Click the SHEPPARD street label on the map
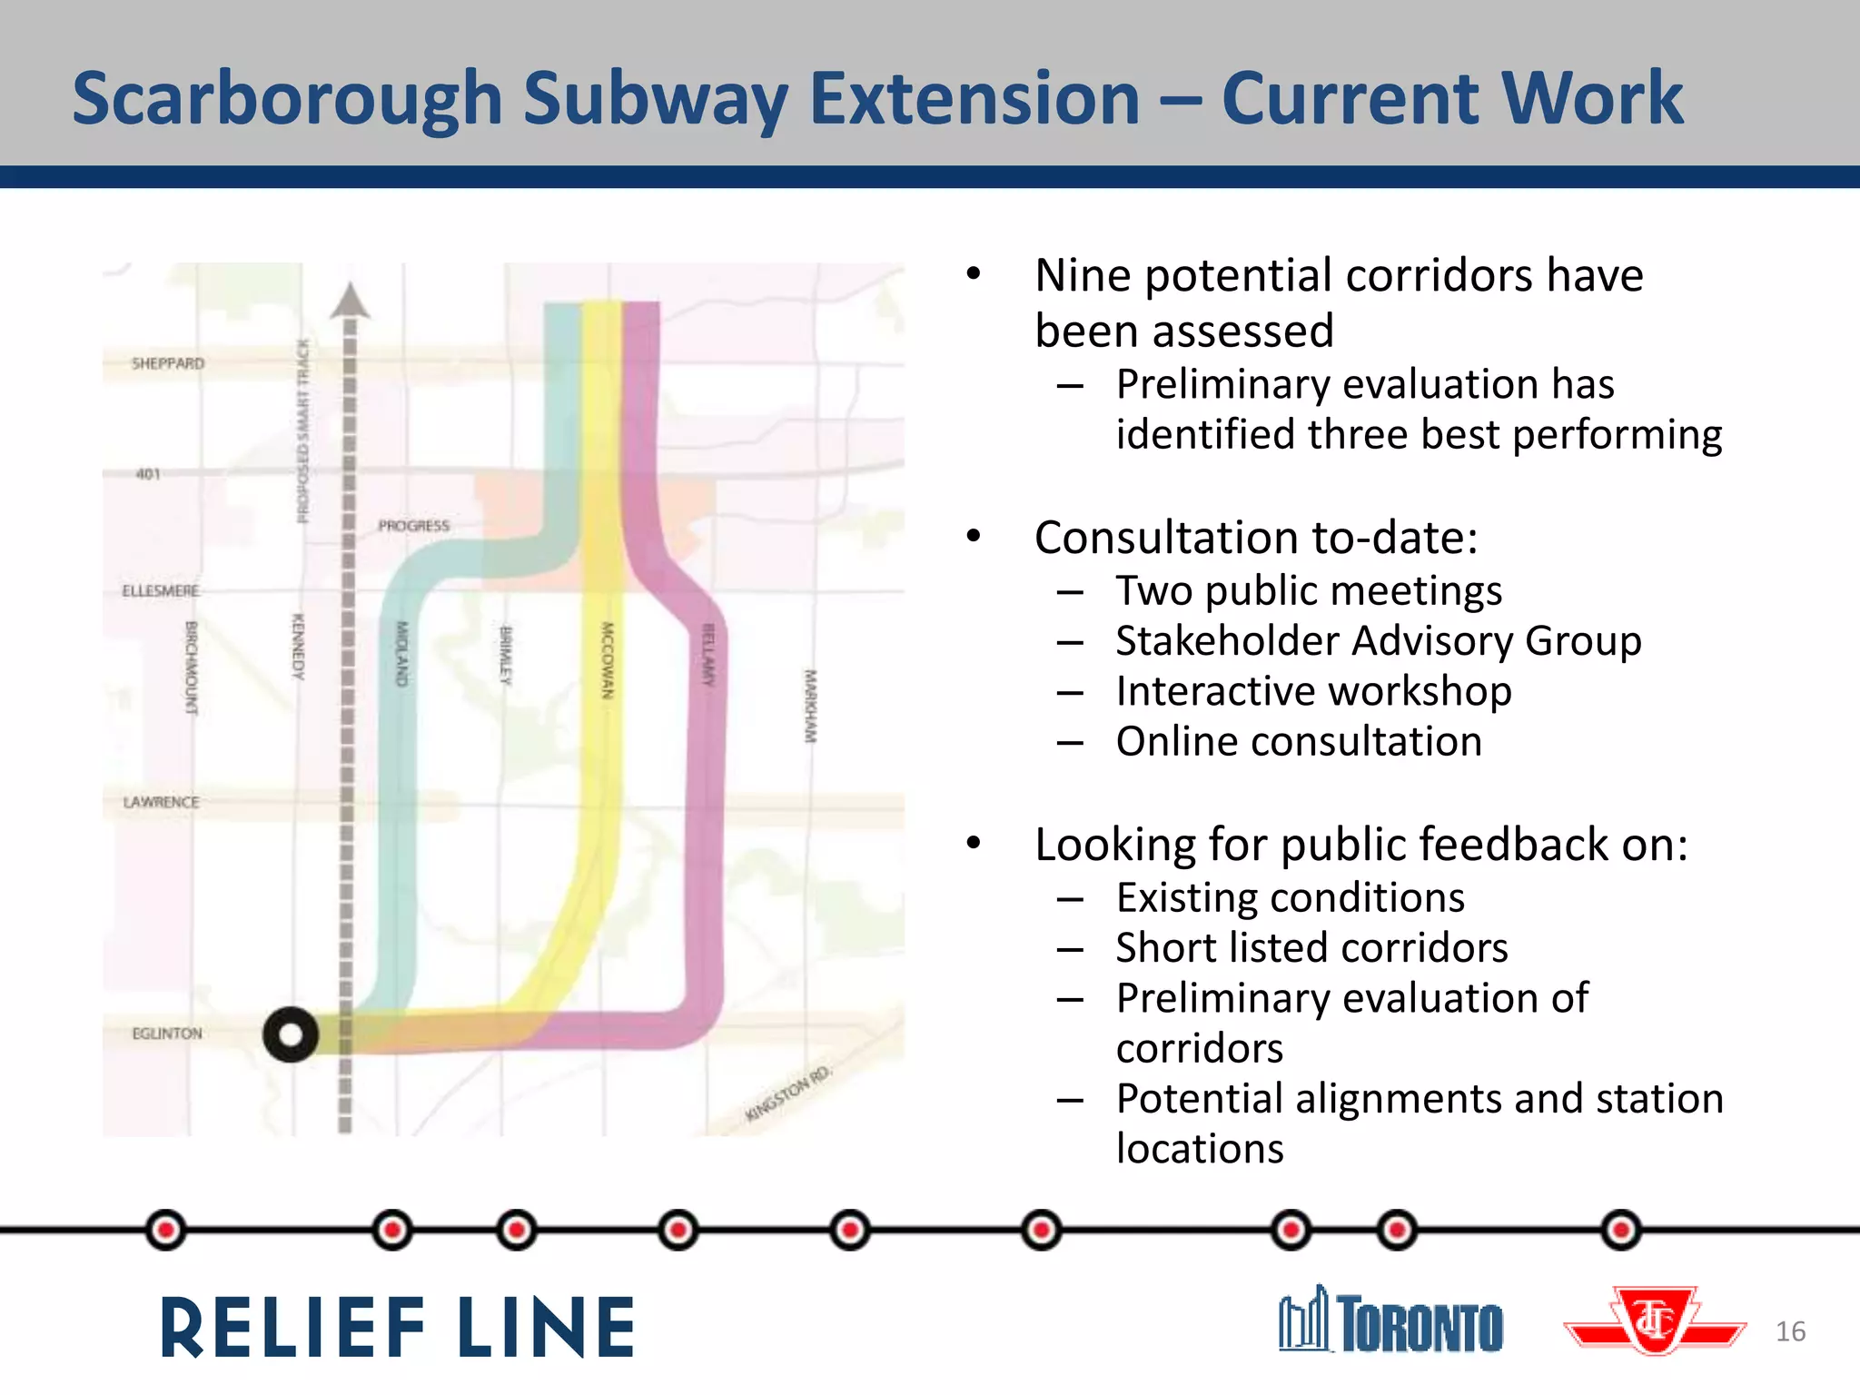(168, 363)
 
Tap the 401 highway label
(148, 474)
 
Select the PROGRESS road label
(414, 526)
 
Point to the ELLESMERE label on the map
(161, 591)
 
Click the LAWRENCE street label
(162, 802)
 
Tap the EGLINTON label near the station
(167, 1034)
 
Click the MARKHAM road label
(810, 706)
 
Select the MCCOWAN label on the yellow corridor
(608, 660)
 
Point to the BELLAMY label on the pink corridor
(708, 655)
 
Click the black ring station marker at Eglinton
(291, 1034)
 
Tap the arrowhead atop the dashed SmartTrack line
(350, 302)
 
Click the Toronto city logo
(1391, 1321)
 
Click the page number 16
(1790, 1331)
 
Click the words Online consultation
(1299, 741)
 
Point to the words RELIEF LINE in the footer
(398, 1328)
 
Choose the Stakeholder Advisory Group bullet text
(1379, 641)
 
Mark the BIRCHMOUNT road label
(192, 668)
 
